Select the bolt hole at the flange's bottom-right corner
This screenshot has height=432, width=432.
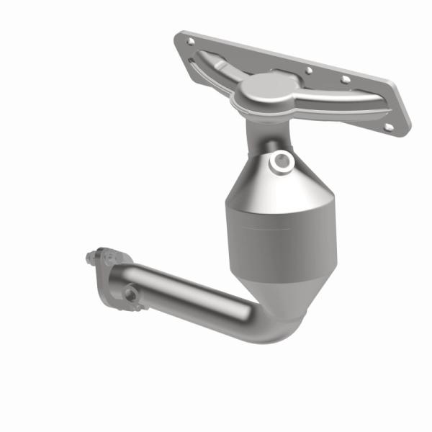click(x=389, y=126)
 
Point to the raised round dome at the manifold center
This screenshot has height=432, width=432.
click(x=262, y=88)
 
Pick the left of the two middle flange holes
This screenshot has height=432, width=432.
click(x=308, y=71)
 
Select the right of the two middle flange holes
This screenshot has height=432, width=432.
click(x=345, y=80)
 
